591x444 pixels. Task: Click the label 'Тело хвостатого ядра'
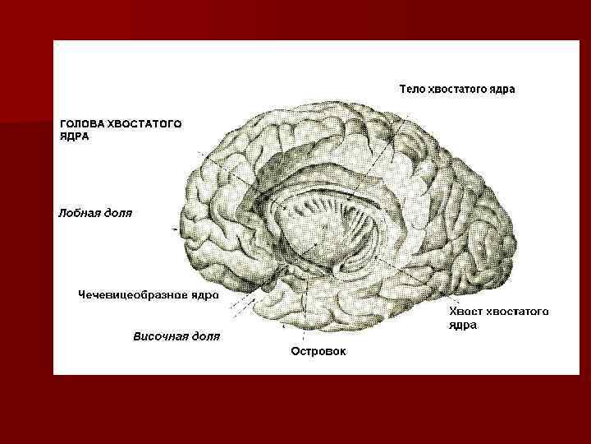[456, 89]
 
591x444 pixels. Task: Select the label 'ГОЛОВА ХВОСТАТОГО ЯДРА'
[120, 130]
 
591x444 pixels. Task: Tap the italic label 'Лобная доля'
[94, 213]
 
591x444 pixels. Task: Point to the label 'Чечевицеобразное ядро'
[148, 294]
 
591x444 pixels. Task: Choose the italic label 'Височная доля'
[176, 336]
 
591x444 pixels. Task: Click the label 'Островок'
[318, 351]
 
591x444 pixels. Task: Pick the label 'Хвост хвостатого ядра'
[498, 317]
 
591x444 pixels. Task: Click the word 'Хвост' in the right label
[465, 312]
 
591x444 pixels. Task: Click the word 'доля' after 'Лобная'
[118, 213]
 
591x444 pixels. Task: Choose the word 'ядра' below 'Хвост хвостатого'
[463, 325]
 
